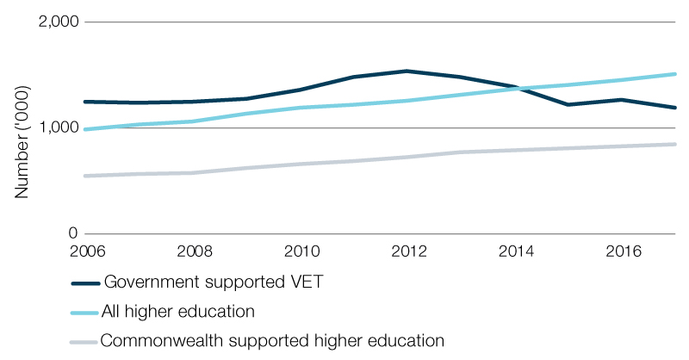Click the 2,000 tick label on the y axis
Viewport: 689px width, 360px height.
point(58,23)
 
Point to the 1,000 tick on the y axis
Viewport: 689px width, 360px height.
point(58,128)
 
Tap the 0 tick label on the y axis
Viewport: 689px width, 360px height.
point(73,233)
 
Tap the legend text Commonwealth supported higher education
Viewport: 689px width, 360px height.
point(272,339)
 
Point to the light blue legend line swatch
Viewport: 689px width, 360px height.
point(84,311)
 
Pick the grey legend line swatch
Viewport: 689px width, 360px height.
point(84,340)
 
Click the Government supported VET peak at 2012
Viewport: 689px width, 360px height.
point(406,71)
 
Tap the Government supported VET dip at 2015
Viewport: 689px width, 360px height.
point(567,104)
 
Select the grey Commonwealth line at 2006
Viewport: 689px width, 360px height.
point(84,176)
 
